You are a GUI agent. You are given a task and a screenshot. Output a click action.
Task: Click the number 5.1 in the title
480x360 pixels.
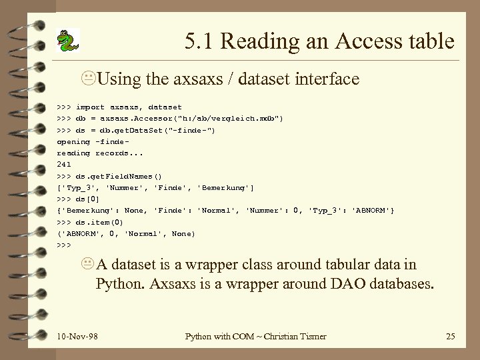coord(200,42)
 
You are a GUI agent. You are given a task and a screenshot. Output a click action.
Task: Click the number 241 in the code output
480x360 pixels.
coord(64,163)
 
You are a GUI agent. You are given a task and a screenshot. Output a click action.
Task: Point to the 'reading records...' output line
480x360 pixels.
coord(99,152)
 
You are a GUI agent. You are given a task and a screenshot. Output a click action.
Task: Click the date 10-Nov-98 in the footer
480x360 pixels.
coord(77,336)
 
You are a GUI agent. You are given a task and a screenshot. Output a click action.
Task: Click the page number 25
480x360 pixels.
coord(450,336)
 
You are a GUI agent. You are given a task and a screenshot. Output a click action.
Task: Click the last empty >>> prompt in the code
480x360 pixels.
coord(64,245)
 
